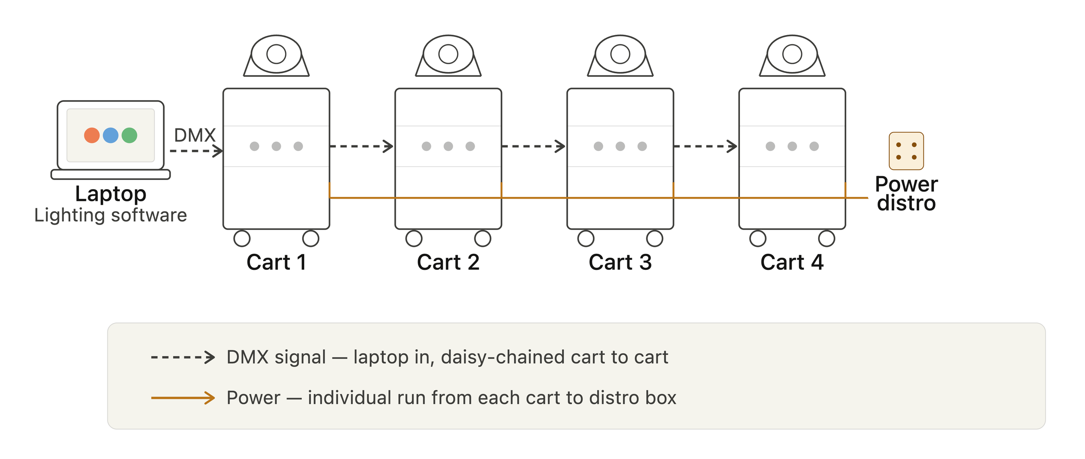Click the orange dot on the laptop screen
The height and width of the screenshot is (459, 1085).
point(92,135)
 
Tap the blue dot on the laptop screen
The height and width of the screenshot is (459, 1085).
point(111,135)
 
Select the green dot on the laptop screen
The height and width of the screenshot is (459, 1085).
point(129,135)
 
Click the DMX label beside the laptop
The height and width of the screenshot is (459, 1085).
point(195,135)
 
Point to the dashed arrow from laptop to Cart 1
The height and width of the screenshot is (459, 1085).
point(196,151)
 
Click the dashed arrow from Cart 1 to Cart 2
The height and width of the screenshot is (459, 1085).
point(362,146)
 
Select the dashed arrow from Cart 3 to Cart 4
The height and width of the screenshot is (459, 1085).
point(706,146)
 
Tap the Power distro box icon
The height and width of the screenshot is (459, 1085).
point(906,151)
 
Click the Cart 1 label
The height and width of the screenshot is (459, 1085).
point(276,262)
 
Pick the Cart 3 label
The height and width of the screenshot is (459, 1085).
point(620,262)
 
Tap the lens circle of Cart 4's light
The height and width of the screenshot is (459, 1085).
point(792,54)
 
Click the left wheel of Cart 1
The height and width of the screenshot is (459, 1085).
point(242,239)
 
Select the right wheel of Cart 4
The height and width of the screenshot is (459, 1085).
point(826,239)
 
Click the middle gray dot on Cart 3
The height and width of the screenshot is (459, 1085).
point(620,146)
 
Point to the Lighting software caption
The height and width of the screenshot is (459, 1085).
point(111,215)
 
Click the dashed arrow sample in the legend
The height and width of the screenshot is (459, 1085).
point(183,357)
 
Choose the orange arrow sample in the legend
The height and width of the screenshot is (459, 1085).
point(183,398)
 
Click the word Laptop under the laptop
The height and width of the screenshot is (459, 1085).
point(111,194)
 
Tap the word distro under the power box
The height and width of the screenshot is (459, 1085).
point(906,203)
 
